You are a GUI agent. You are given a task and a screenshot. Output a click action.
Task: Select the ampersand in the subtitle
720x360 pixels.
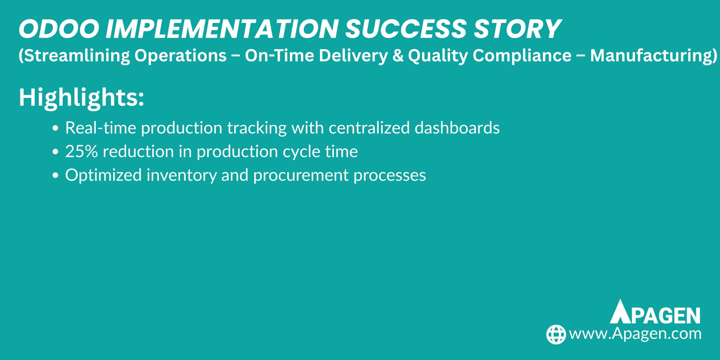point(398,56)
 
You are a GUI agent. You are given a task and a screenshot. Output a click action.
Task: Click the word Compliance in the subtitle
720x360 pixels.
point(522,56)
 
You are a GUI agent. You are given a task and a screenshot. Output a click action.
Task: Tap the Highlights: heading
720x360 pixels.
point(81,98)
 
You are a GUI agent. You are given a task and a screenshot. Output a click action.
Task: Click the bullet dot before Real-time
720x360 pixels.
point(55,128)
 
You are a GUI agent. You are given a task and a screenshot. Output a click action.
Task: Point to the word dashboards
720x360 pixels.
point(457,128)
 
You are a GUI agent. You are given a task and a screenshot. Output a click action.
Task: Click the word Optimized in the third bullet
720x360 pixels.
point(103,175)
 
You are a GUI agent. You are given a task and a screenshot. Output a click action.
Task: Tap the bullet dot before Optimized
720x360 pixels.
point(55,175)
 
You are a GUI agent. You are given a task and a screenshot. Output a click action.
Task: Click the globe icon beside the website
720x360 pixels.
point(556,334)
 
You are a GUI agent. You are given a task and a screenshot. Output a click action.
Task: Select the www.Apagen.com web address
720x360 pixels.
point(635,334)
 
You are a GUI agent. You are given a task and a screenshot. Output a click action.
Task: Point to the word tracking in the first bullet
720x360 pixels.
point(257,129)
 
